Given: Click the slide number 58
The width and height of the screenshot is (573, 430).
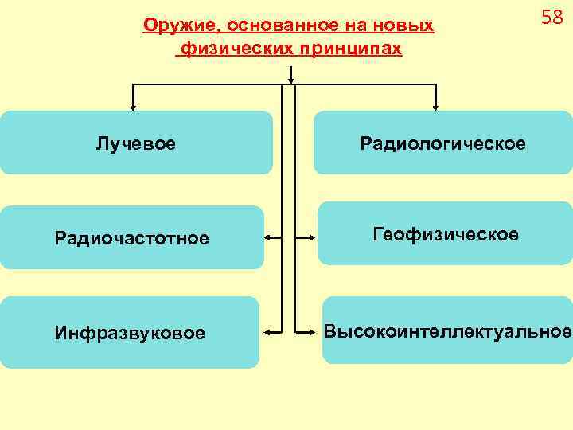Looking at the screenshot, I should click(552, 18).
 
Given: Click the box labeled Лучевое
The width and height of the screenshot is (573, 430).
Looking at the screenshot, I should click(136, 143).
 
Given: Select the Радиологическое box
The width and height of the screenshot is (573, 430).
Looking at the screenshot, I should click(442, 143).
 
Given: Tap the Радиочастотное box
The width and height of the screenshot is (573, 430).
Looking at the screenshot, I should click(132, 237).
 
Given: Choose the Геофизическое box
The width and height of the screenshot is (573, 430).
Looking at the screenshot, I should click(445, 234).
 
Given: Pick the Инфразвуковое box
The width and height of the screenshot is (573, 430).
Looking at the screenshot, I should click(130, 331).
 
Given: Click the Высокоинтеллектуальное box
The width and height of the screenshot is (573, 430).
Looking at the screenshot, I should click(446, 330).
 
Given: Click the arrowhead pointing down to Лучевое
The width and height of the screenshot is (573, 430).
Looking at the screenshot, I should click(133, 104).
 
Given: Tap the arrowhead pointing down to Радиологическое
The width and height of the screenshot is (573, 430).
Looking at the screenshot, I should click(436, 104).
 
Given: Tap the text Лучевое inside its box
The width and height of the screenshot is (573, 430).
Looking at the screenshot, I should click(136, 144).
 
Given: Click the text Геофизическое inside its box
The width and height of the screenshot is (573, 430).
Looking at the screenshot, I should click(445, 235).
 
